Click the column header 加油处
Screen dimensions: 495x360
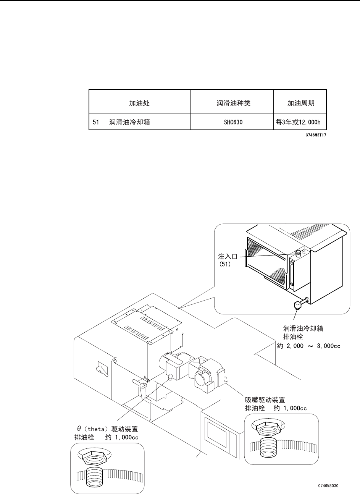(x=139, y=103)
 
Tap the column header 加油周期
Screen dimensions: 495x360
(x=300, y=103)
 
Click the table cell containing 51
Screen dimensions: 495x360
(x=96, y=123)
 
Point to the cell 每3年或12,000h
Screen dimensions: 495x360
(x=300, y=123)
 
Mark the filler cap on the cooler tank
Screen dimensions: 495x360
(x=298, y=252)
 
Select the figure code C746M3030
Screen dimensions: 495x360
(x=329, y=486)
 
